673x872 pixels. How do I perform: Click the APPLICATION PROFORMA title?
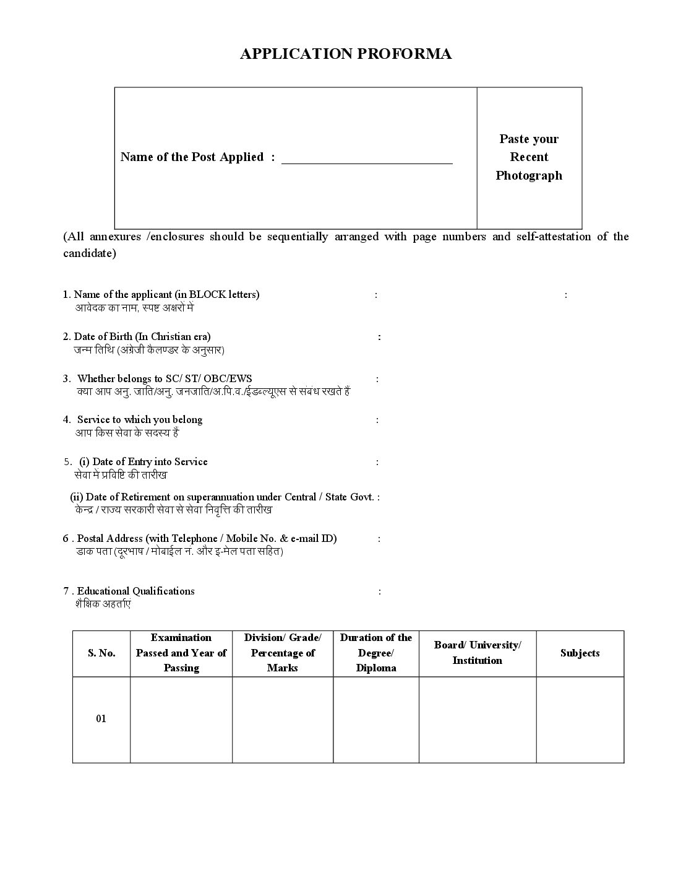click(x=346, y=54)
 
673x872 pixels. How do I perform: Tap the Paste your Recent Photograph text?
click(x=529, y=157)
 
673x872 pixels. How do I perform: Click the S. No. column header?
click(x=101, y=653)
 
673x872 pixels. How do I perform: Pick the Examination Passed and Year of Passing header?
click(x=181, y=653)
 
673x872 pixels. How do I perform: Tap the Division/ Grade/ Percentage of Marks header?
click(x=283, y=653)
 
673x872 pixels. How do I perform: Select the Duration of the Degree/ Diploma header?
click(x=376, y=653)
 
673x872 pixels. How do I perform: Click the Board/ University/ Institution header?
click(x=478, y=653)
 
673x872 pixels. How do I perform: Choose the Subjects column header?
click(x=580, y=653)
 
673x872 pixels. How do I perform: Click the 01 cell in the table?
click(x=101, y=719)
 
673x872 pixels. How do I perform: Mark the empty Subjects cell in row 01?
click(x=580, y=719)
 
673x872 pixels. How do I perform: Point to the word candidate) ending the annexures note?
click(x=90, y=254)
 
